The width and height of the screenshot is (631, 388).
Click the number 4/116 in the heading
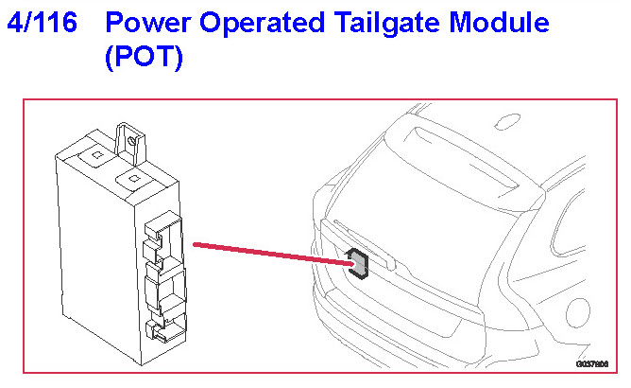coord(42,23)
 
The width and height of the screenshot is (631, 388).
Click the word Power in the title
coord(151,23)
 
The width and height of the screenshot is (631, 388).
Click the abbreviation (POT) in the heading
coord(145,59)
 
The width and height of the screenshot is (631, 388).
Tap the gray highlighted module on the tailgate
coord(359,264)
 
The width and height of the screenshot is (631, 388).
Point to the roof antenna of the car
coord(506,121)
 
